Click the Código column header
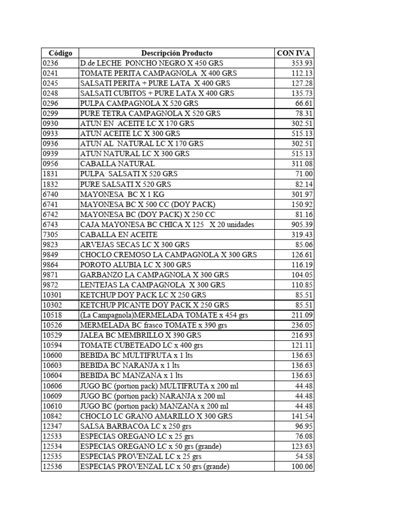point(60,53)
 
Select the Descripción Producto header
point(177,53)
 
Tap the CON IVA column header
point(294,53)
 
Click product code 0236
point(51,63)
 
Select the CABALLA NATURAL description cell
point(117,164)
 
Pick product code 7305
point(51,234)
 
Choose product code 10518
point(53,315)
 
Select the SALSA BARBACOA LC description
point(136,426)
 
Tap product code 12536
point(53,467)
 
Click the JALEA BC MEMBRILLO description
point(141,335)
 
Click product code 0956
point(51,164)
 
